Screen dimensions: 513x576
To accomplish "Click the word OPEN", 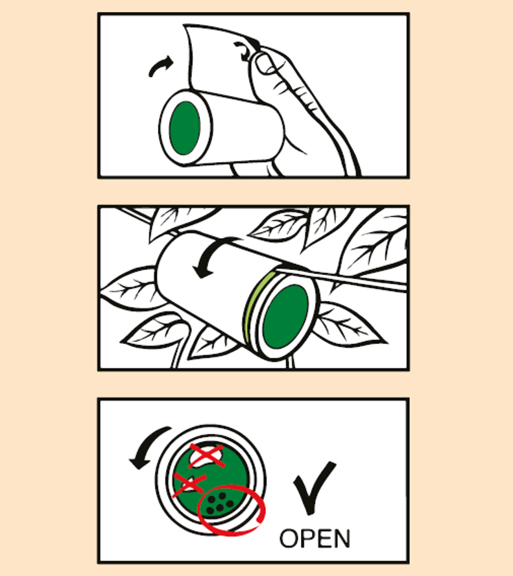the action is pos(315,538).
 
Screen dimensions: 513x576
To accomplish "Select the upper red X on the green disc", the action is pos(206,456).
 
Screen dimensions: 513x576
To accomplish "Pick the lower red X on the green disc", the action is pos(189,484).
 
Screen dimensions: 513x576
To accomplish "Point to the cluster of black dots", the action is pos(219,503).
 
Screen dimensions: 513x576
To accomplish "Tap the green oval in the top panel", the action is pos(185,128).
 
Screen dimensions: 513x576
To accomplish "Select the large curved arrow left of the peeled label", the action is pos(160,67).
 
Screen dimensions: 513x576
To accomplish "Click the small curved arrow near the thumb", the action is pos(243,51).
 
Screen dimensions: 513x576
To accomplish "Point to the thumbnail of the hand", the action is pos(264,64).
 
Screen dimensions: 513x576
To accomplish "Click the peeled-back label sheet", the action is pos(221,60).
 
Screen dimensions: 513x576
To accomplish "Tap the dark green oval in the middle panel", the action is pos(285,317).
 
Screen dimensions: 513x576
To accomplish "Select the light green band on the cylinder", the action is pos(254,305).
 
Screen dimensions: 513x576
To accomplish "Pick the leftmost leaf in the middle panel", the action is pos(128,289).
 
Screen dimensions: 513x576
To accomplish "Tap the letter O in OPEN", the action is pos(288,539).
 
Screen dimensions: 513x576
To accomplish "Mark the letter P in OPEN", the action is pos(306,539).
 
